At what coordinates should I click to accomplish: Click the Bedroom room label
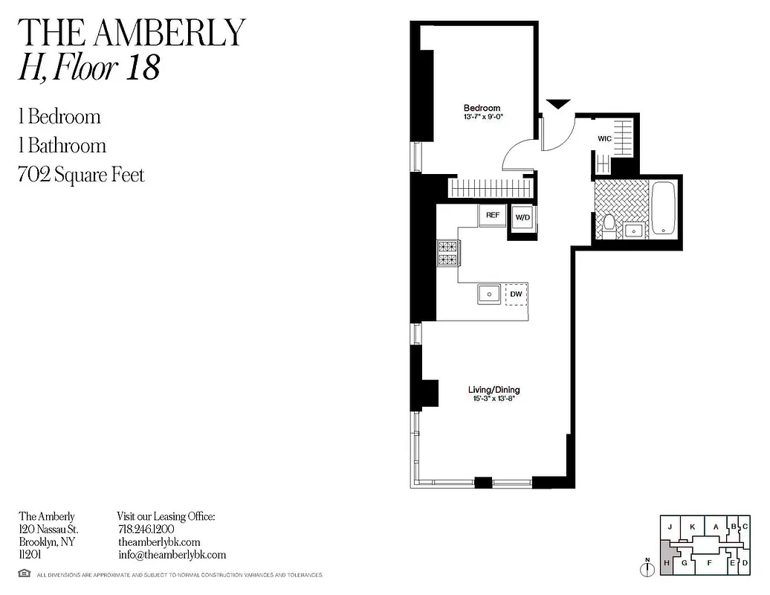pyautogui.click(x=482, y=108)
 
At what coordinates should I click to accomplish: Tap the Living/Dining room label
pyautogui.click(x=494, y=390)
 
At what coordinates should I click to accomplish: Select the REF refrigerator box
pyautogui.click(x=492, y=216)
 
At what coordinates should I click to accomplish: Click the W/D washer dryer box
pyautogui.click(x=522, y=218)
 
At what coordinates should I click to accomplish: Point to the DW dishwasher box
pyautogui.click(x=516, y=295)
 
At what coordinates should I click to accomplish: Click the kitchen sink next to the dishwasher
pyautogui.click(x=490, y=295)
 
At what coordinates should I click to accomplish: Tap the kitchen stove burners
pyautogui.click(x=448, y=253)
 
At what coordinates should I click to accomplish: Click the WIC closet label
pyautogui.click(x=604, y=139)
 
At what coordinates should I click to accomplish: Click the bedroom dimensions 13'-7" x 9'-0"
pyautogui.click(x=482, y=117)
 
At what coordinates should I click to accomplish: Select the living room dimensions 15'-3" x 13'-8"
pyautogui.click(x=494, y=399)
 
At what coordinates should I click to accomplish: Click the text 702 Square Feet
pyautogui.click(x=81, y=176)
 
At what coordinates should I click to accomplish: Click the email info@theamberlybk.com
pyautogui.click(x=172, y=555)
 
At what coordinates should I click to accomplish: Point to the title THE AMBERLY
pyautogui.click(x=131, y=32)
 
